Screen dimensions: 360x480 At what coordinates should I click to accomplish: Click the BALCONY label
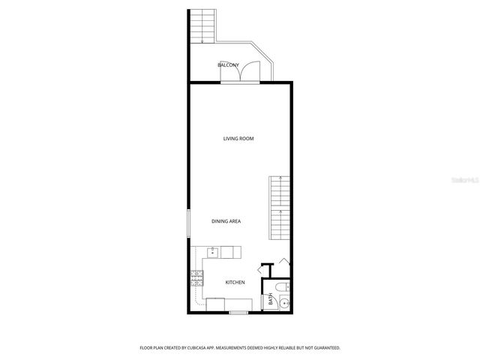(x=228, y=66)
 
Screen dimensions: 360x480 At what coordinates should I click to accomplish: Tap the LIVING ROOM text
(x=238, y=139)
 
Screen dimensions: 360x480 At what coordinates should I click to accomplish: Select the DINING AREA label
(x=225, y=221)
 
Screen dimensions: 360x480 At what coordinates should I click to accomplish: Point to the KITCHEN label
(x=235, y=282)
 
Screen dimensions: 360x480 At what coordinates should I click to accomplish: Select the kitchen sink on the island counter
(x=214, y=253)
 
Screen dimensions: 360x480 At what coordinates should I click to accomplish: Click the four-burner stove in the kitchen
(x=196, y=280)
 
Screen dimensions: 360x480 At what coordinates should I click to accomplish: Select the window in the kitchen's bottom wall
(x=238, y=312)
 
